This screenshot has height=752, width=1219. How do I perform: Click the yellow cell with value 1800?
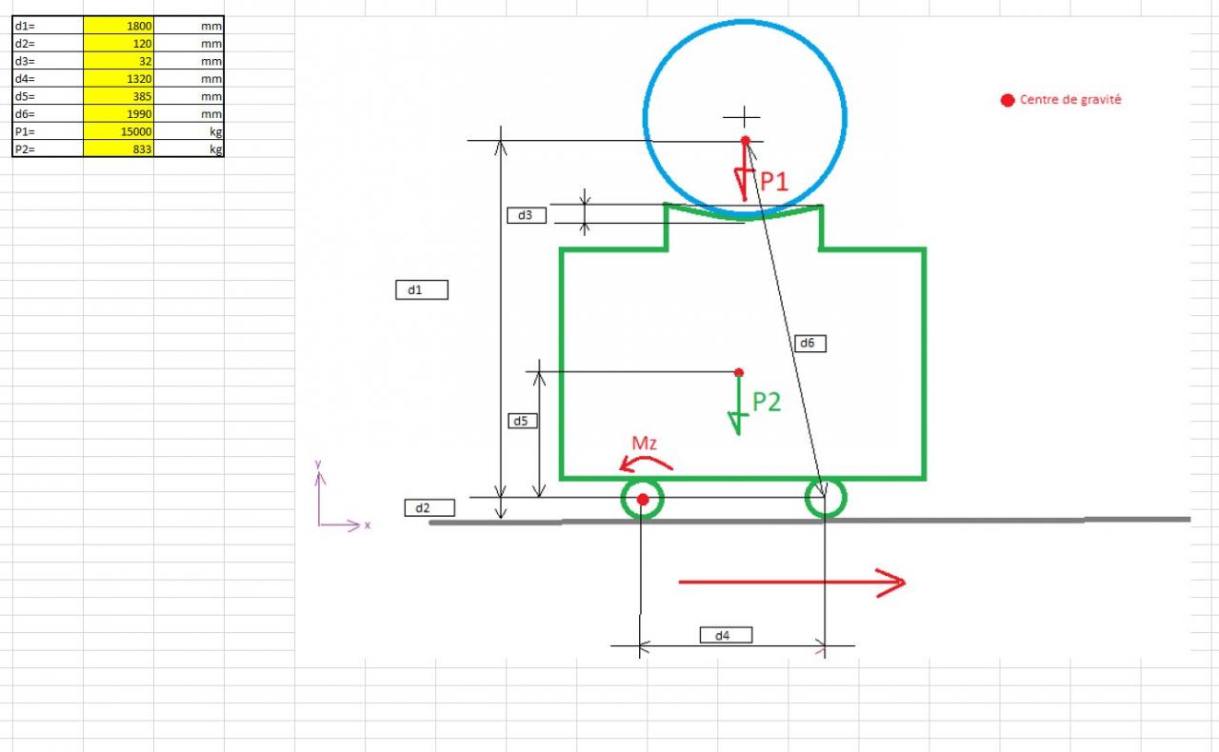click(119, 26)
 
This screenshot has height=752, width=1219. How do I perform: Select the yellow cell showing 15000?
click(119, 131)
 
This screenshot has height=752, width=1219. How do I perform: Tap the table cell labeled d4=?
click(48, 78)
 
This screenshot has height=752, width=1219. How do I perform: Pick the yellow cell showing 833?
click(119, 148)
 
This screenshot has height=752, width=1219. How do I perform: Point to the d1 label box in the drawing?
click(422, 290)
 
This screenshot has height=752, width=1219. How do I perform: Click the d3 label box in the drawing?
click(527, 215)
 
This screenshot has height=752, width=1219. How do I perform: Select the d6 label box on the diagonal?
click(810, 344)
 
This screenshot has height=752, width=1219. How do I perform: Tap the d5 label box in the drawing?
click(523, 421)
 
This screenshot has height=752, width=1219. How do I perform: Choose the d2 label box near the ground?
click(430, 507)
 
